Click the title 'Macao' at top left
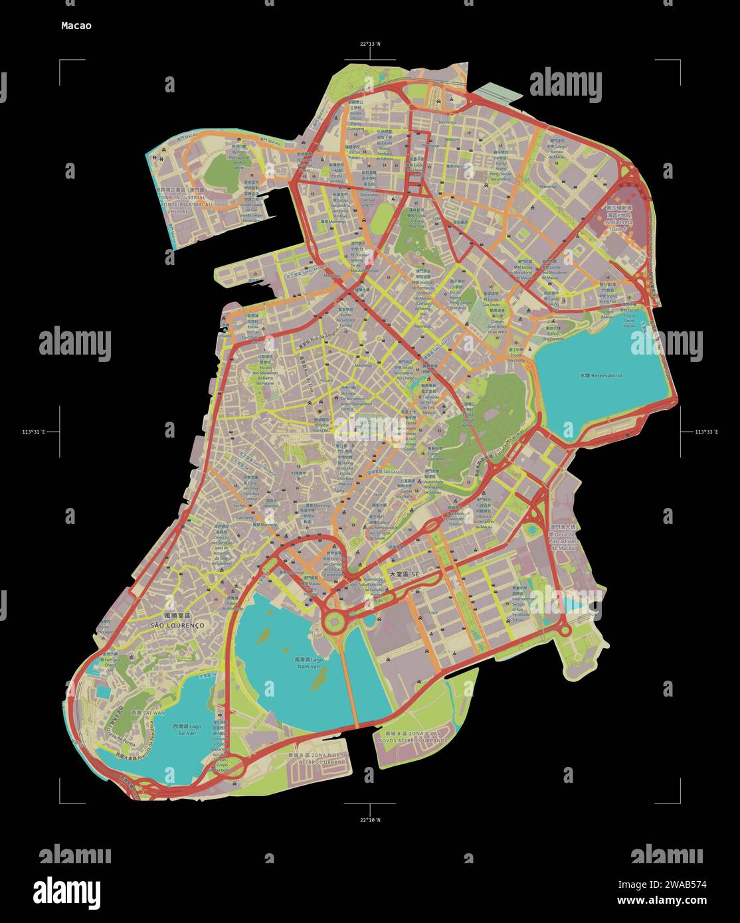point(76,26)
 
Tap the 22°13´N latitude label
point(370,44)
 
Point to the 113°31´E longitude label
point(33,432)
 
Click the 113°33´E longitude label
point(707,432)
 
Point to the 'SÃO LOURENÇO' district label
point(177,626)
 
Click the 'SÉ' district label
point(406,573)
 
